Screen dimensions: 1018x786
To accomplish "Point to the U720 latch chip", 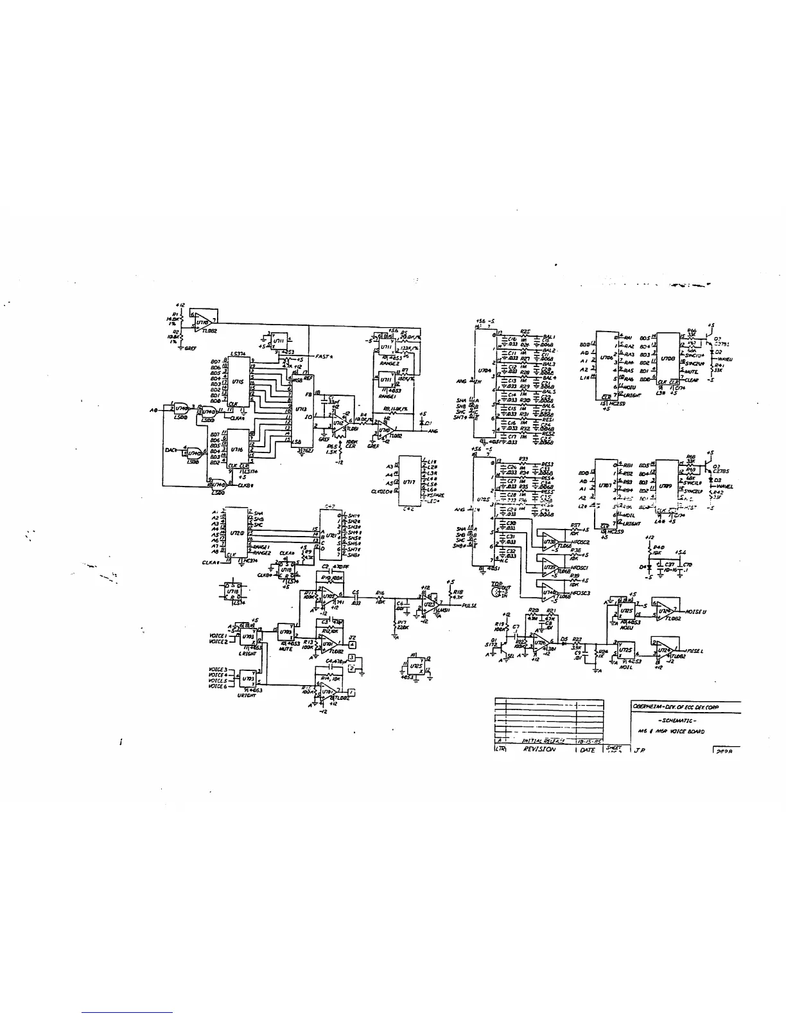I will (x=236, y=533).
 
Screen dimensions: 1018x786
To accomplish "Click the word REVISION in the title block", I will (x=538, y=749).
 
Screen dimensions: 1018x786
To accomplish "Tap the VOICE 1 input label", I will (x=218, y=636).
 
